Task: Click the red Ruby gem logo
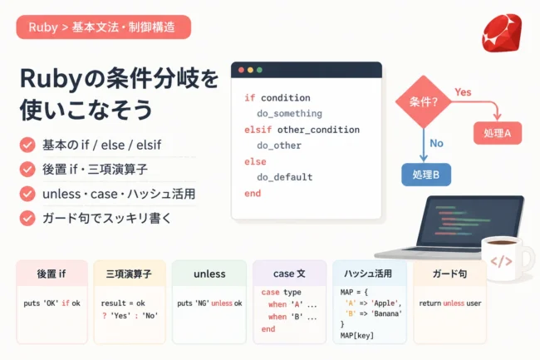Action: pos(502,32)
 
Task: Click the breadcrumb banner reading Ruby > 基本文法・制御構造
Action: pos(104,27)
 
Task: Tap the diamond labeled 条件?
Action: pos(423,102)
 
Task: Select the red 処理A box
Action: pos(498,133)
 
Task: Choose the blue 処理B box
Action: pos(426,175)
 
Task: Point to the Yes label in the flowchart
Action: pos(463,92)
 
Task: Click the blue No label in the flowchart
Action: pos(436,143)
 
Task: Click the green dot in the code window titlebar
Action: pos(259,70)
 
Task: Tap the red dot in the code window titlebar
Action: pos(241,70)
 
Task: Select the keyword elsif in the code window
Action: pos(258,130)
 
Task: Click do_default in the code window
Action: pos(285,177)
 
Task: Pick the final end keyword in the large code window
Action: pos(253,193)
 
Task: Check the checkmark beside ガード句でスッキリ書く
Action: pos(27,218)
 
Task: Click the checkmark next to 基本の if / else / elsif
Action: pos(27,145)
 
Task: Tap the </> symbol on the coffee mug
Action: pos(501,261)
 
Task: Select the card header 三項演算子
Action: pos(129,274)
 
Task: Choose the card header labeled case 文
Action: pos(289,274)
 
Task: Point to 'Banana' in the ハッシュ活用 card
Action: pos(387,313)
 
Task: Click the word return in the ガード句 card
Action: pos(430,303)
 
